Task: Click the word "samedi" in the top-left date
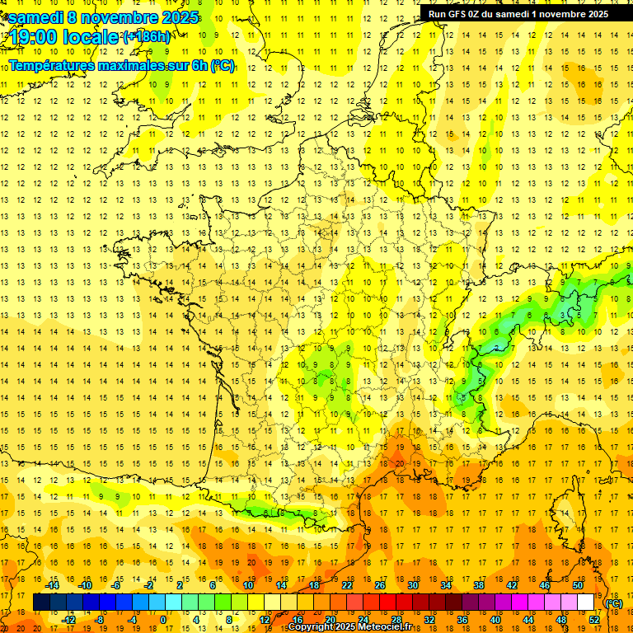click(34, 17)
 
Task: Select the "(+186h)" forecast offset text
click(147, 36)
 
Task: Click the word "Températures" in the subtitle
click(49, 65)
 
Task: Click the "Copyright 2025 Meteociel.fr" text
click(361, 627)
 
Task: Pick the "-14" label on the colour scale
click(52, 584)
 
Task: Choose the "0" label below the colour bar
click(163, 620)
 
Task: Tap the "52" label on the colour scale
click(594, 620)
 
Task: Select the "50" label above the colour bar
click(577, 584)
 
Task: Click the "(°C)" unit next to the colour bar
click(614, 603)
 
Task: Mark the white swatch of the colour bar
click(586, 603)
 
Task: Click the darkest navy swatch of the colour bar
click(41, 603)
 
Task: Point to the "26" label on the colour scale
click(380, 584)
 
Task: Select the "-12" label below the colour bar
click(68, 620)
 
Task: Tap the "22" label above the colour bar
click(347, 584)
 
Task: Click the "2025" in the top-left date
click(176, 17)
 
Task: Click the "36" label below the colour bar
click(462, 620)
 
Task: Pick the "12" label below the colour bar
click(265, 620)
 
